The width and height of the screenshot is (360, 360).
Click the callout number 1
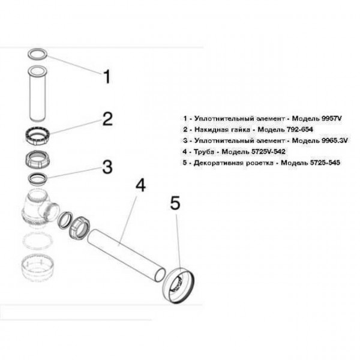click(106, 77)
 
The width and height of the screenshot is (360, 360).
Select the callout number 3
click(106, 166)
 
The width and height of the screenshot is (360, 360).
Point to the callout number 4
click(140, 185)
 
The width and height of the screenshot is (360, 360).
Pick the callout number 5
click(175, 204)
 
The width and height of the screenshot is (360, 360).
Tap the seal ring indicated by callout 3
click(38, 178)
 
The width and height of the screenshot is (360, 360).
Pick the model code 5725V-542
click(259, 151)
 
